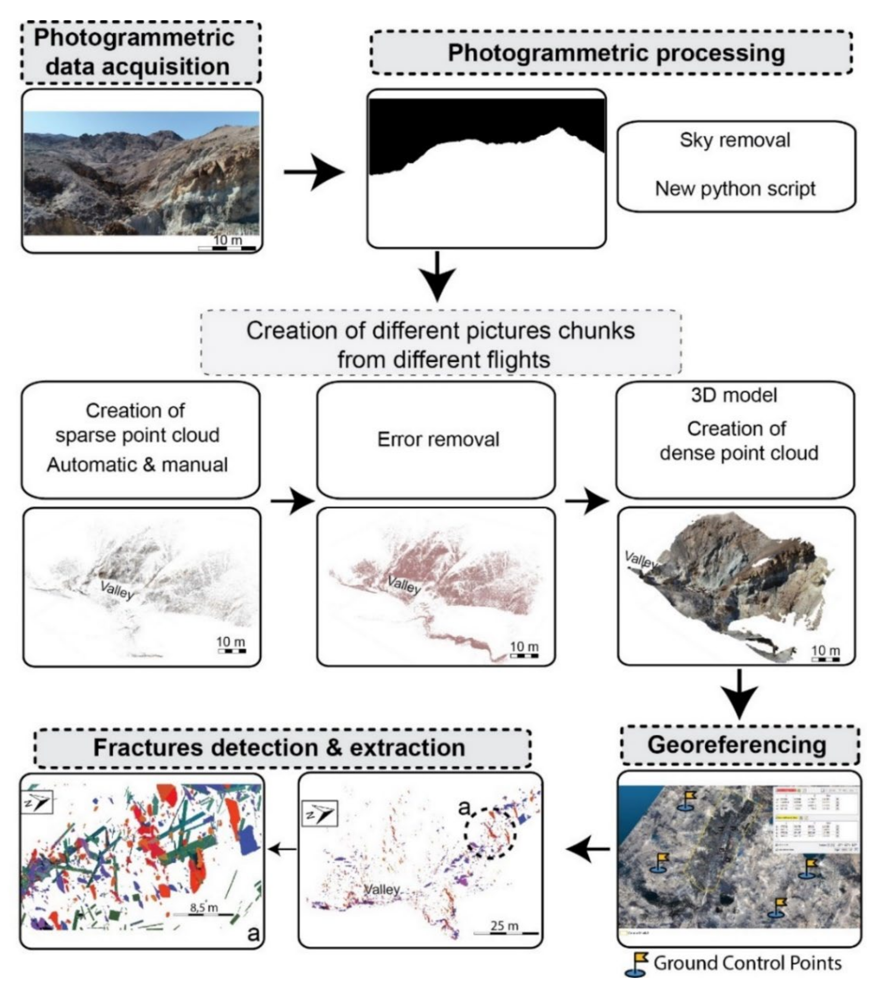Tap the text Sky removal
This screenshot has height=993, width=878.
pyautogui.click(x=735, y=140)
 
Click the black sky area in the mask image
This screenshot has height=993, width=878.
pyautogui.click(x=486, y=122)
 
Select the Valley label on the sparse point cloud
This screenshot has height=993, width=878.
pyautogui.click(x=117, y=590)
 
